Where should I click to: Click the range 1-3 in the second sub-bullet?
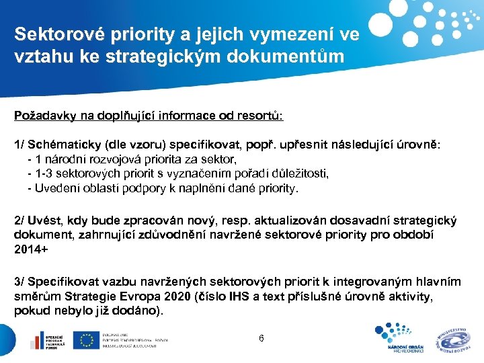[x=44, y=174]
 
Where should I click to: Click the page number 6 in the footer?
[x=261, y=338]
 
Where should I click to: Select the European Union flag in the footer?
[x=85, y=340]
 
